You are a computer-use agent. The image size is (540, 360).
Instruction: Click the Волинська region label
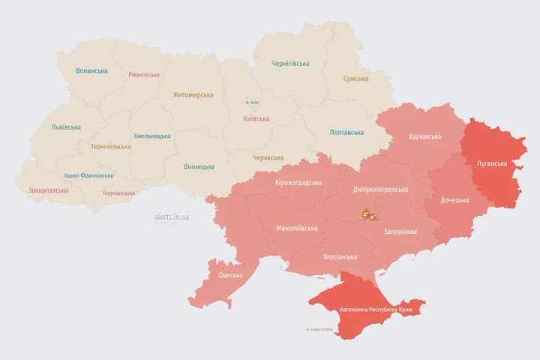point(91,71)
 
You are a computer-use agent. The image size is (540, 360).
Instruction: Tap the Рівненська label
point(143,75)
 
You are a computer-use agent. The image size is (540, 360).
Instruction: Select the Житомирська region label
point(193,95)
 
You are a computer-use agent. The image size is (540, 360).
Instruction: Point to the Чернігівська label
point(290,64)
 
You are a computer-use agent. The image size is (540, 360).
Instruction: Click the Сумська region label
point(355,79)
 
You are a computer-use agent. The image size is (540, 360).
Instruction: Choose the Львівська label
point(66,127)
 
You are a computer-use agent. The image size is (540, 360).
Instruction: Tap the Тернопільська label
point(110,147)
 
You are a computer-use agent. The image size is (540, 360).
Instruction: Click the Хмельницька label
point(152,136)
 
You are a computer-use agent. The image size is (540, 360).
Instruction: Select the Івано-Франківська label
point(88,175)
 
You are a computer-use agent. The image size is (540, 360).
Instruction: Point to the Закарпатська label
point(48,190)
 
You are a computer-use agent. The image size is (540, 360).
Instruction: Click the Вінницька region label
point(199,166)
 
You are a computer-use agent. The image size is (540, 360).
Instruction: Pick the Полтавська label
point(346,133)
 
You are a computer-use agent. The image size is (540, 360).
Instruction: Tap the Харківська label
point(425,136)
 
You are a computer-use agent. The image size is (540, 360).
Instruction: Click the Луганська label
point(492,163)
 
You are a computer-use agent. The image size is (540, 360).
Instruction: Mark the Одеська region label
point(230,275)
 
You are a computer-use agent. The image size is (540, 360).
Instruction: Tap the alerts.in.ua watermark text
point(172,217)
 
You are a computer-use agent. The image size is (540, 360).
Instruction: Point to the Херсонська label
point(340,256)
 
